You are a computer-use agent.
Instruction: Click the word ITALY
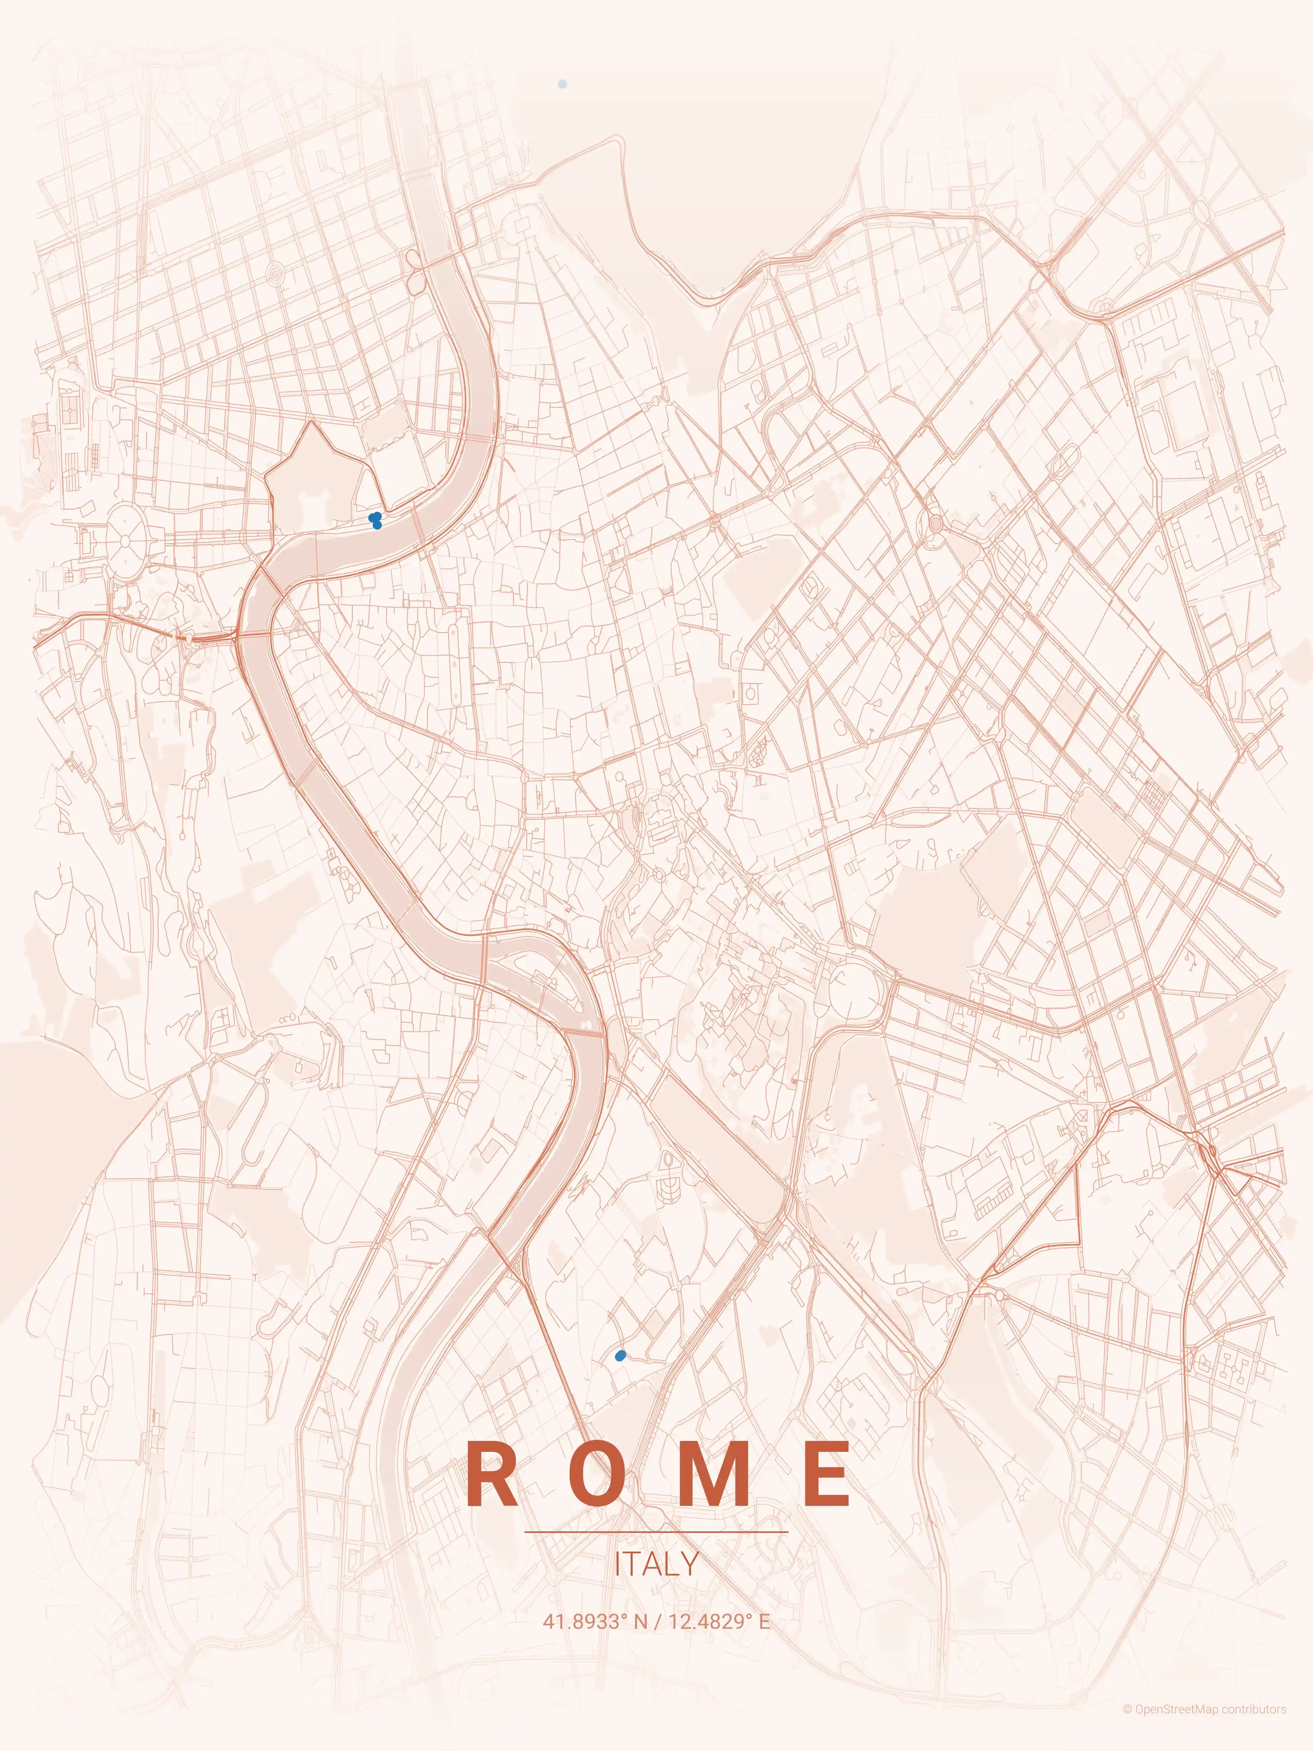656,1564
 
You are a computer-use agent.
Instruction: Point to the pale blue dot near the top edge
562,83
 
